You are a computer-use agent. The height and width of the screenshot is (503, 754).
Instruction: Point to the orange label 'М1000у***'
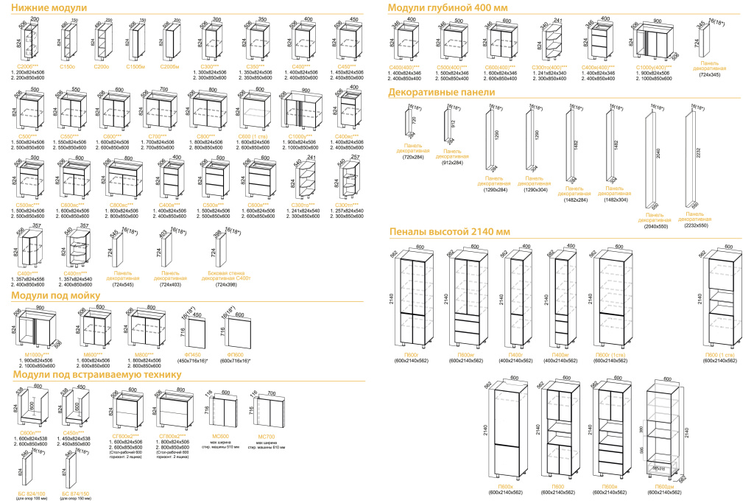pyautogui.click(x=36, y=355)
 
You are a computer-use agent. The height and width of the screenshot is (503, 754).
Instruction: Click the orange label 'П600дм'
pyautogui.click(x=664, y=487)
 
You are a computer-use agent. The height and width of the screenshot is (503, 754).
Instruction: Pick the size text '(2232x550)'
pyautogui.click(x=694, y=225)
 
